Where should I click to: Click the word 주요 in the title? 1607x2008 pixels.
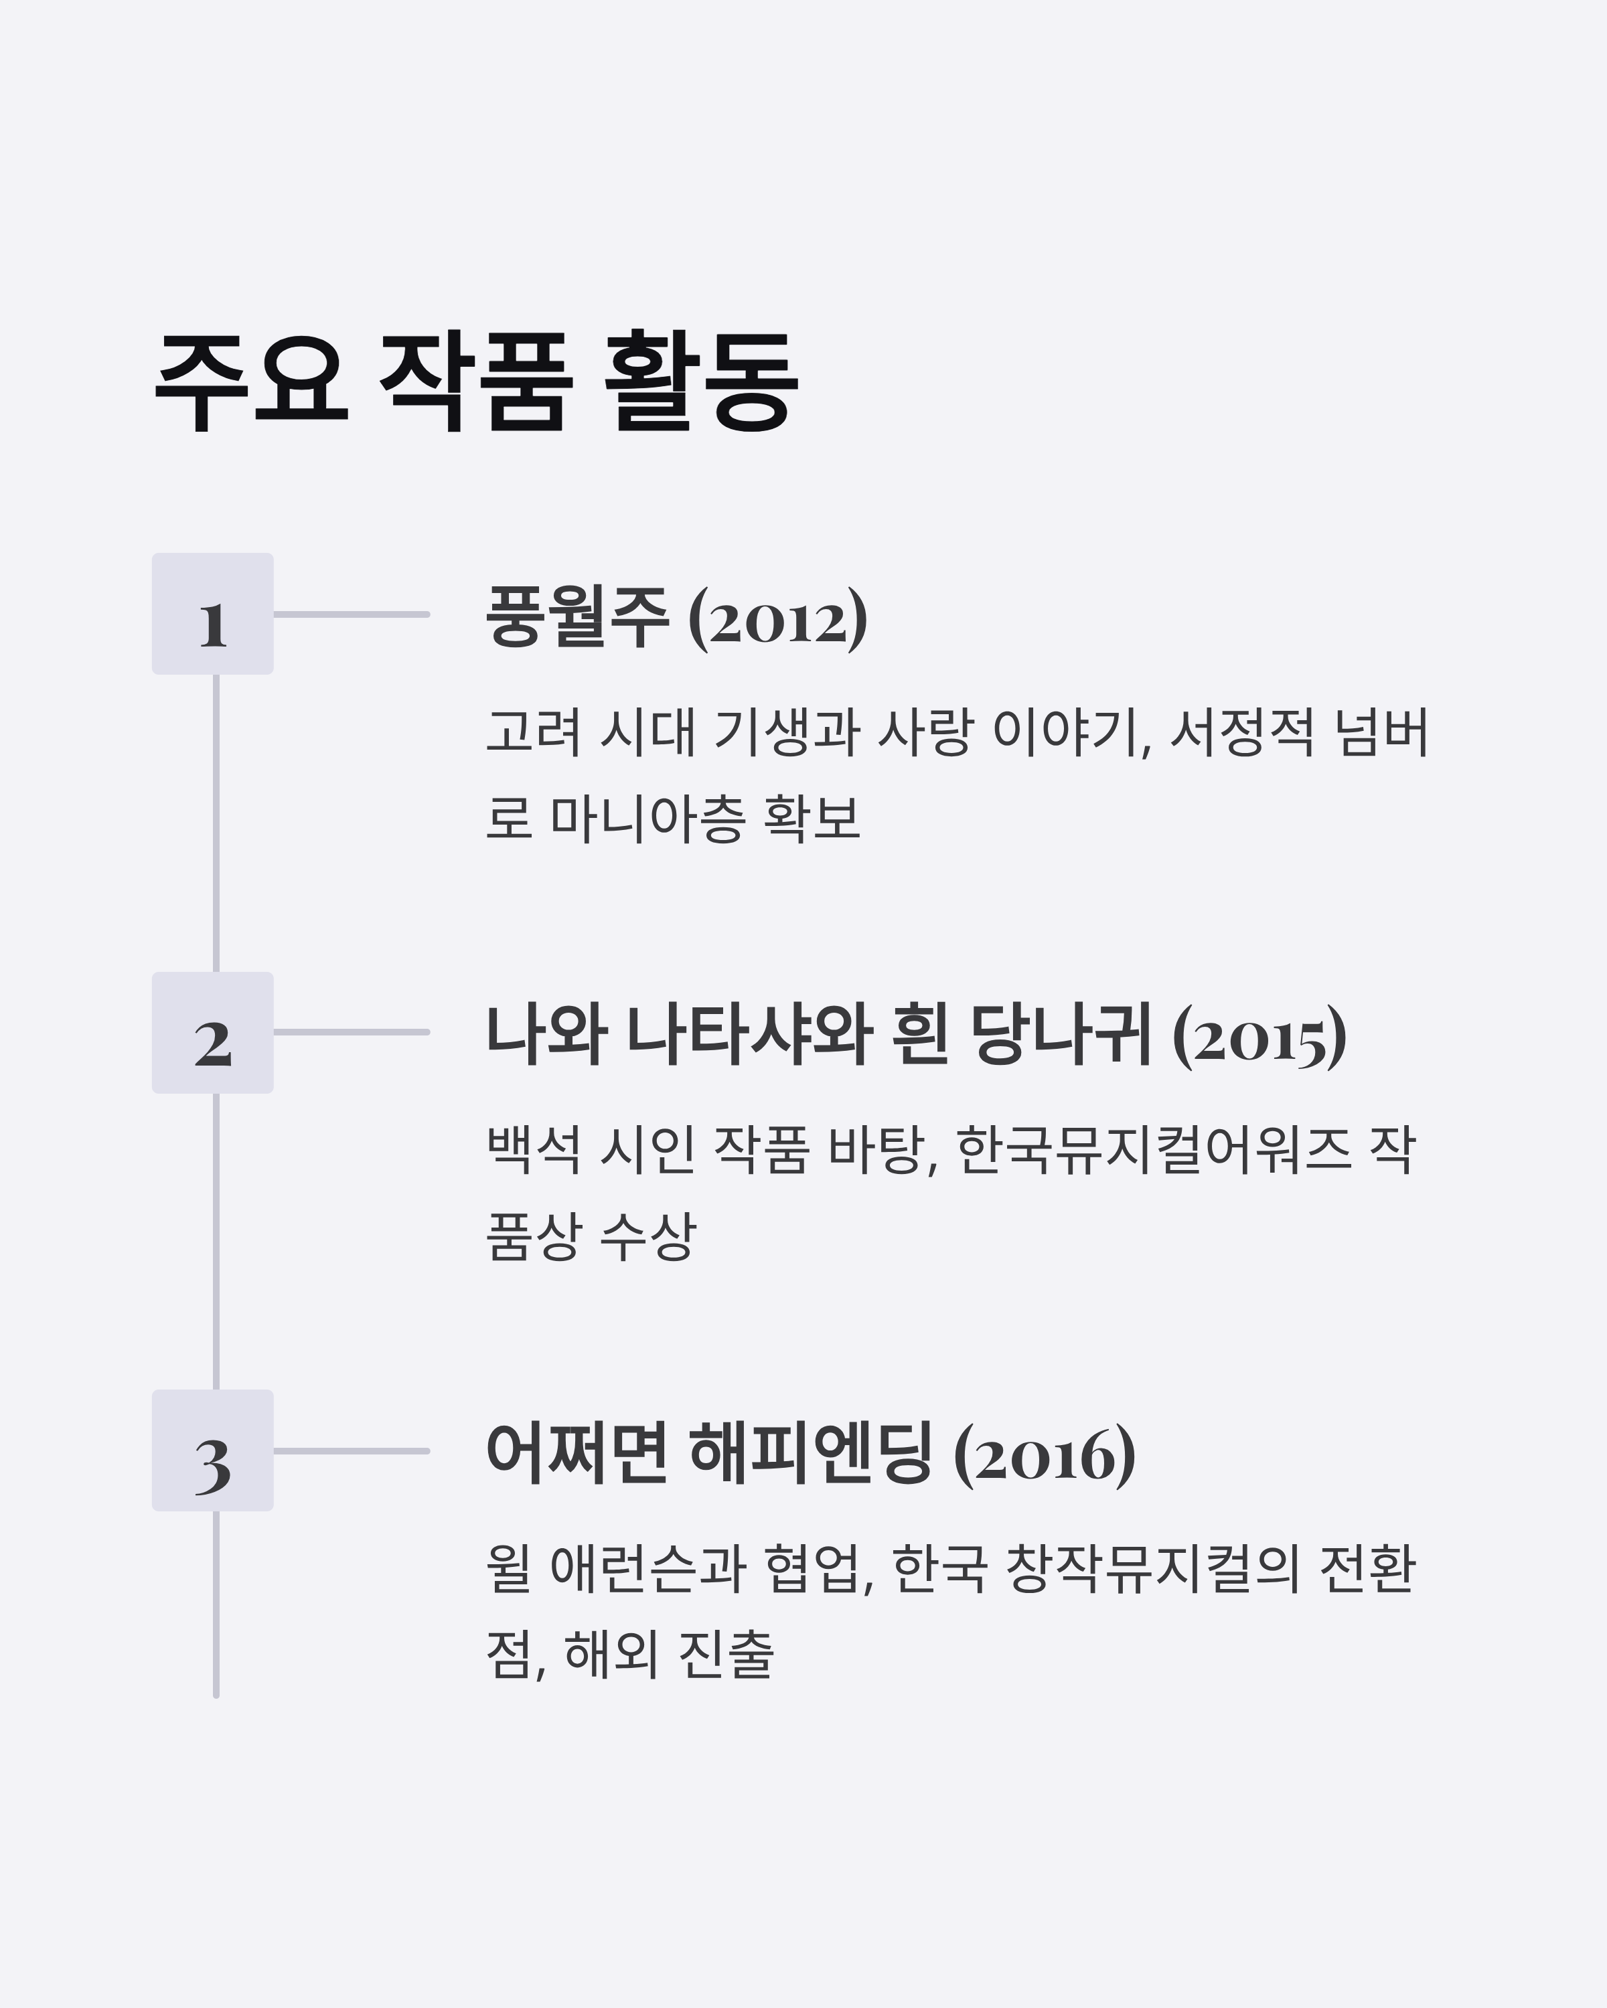pos(252,381)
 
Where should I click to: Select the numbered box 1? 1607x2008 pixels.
pos(212,614)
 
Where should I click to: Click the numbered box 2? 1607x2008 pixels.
pos(212,1033)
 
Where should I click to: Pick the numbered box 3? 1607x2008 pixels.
pos(212,1451)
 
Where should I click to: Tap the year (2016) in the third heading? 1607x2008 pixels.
pos(1045,1454)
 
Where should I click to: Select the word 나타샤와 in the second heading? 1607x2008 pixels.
pos(749,1035)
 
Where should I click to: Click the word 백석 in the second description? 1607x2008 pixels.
pos(534,1149)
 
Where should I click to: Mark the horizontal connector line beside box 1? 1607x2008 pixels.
pos(352,614)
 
